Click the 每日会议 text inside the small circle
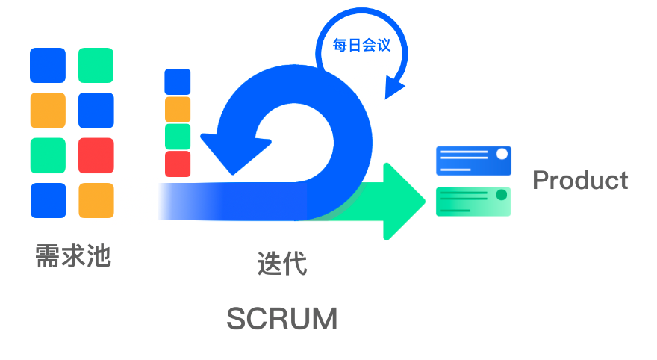click(x=361, y=45)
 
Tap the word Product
click(x=580, y=180)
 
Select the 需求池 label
click(x=73, y=256)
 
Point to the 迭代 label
click(x=281, y=263)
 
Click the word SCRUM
click(x=282, y=319)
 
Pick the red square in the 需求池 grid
click(x=96, y=155)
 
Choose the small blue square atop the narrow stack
click(x=177, y=81)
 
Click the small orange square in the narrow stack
click(x=177, y=109)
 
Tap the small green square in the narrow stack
click(x=177, y=136)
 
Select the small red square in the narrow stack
click(x=177, y=164)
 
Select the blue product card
click(x=473, y=161)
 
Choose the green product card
click(x=473, y=202)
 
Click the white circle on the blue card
click(x=502, y=154)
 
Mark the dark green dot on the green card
click(x=502, y=195)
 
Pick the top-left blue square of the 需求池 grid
click(x=48, y=65)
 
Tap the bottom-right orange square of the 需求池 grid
click(x=96, y=200)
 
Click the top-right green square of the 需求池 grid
click(x=96, y=65)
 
